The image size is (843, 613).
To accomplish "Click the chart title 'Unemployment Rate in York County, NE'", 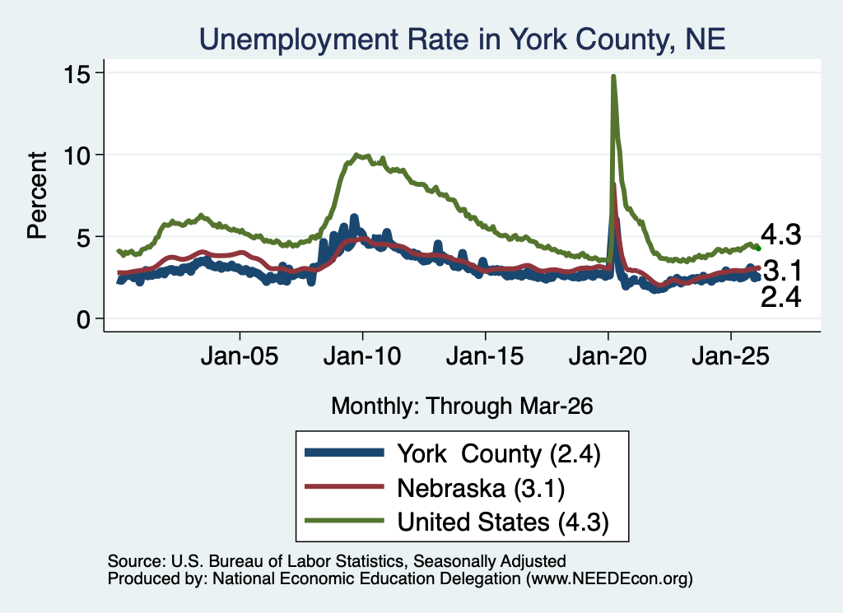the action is coord(463,39).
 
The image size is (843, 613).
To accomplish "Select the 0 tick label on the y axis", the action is coord(83,319).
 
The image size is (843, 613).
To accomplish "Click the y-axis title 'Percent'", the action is coord(37,196).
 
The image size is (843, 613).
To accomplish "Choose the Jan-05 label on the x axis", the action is coord(240,356).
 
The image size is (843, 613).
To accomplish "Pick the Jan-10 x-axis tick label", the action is coord(362,356).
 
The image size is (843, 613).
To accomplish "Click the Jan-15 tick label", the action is coord(485,356).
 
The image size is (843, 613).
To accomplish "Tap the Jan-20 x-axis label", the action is coord(608,356).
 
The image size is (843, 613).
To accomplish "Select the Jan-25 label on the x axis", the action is coord(731,356).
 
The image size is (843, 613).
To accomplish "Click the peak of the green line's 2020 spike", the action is coord(612,77).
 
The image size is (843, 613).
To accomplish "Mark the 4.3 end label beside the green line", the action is coord(780,235).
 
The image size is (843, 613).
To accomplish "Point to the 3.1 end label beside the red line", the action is coord(782,271).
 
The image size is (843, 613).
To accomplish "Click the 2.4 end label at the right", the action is coord(780,297).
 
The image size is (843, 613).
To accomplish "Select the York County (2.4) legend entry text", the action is coord(499,454).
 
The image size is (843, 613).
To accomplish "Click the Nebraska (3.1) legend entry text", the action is coord(481,489).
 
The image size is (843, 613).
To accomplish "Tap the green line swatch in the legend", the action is coord(344,521).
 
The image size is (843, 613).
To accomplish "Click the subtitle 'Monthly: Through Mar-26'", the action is coord(462,406).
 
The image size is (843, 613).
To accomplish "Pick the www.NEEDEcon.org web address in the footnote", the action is coord(609,578).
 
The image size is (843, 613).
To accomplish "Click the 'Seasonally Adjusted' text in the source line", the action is coord(489,561).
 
